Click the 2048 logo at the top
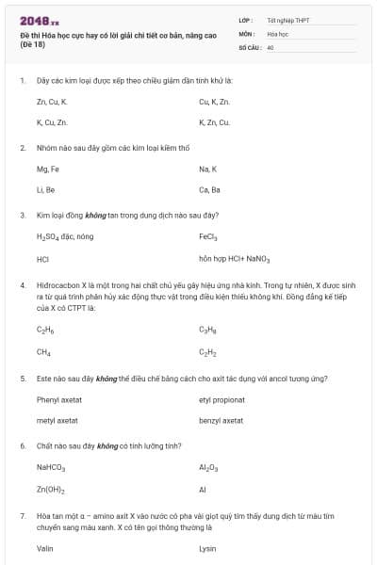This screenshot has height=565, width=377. tap(40, 21)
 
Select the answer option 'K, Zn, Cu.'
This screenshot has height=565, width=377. tap(214, 122)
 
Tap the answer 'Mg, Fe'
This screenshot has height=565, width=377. tap(48, 169)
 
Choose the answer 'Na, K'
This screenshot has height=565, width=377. tap(207, 169)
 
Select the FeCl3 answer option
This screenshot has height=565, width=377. tap(208, 237)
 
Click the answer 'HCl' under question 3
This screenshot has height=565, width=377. tap(42, 258)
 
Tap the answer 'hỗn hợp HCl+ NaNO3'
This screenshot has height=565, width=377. tap(234, 258)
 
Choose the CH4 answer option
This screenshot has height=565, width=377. tap(43, 352)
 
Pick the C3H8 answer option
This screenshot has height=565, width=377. tap(208, 330)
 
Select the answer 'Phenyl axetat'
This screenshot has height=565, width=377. tap(58, 399)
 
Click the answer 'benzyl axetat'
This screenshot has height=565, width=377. tap(221, 420)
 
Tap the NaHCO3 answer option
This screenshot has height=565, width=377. tap(50, 467)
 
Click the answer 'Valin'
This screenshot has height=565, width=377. tap(45, 548)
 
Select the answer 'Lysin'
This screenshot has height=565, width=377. tap(208, 548)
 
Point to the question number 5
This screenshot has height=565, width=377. tap(22, 379)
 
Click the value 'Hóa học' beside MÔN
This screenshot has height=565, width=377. tap(277, 33)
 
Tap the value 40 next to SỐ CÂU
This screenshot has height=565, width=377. tap(270, 46)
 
